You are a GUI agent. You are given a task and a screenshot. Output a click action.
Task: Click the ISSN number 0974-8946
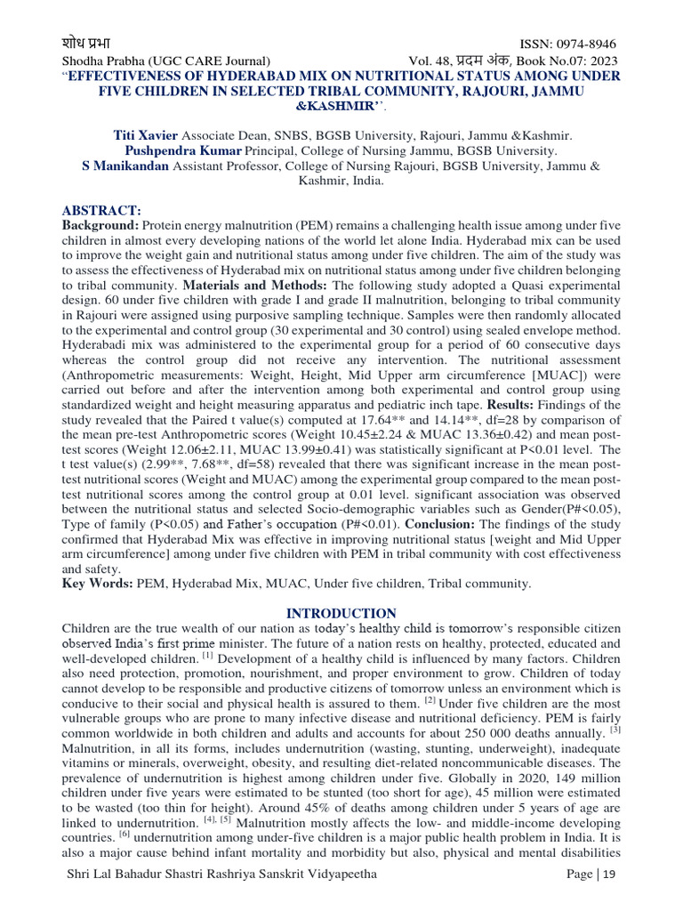[583, 44]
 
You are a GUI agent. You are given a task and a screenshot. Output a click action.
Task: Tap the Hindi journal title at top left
[86, 44]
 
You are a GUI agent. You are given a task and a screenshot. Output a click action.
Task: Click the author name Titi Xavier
[146, 135]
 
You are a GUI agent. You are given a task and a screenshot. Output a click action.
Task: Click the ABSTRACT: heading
[101, 210]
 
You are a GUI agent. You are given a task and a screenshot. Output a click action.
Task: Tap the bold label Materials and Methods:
[255, 286]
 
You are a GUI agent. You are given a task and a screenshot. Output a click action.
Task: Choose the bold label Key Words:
[97, 584]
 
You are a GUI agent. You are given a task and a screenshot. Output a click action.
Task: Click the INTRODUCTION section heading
[341, 614]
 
